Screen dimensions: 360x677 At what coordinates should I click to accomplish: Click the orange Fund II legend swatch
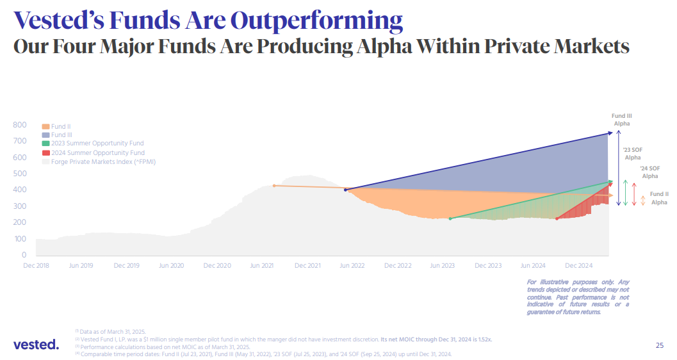[x=45, y=127]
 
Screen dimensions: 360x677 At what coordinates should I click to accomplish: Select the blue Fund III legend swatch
[x=45, y=135]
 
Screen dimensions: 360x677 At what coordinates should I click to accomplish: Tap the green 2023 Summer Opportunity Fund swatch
[x=45, y=144]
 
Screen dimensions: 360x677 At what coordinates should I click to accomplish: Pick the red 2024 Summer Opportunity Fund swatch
[x=45, y=153]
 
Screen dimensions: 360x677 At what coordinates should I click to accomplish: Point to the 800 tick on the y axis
[x=19, y=125]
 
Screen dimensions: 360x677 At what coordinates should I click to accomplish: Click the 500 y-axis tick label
[x=19, y=174]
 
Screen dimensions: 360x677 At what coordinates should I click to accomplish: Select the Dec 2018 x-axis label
[x=36, y=265]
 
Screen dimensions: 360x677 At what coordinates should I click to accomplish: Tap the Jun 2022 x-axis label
[x=352, y=265]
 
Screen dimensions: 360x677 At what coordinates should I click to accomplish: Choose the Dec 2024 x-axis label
[x=579, y=265]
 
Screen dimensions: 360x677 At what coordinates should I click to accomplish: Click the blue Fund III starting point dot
[x=346, y=190]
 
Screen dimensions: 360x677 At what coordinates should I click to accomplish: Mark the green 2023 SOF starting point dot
[x=450, y=218]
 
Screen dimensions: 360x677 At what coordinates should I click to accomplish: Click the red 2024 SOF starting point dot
[x=557, y=218]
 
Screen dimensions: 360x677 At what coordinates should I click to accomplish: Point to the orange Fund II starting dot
[x=274, y=186]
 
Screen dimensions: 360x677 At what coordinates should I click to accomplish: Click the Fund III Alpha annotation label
[x=622, y=119]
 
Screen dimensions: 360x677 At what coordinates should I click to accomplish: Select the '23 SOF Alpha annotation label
[x=633, y=153]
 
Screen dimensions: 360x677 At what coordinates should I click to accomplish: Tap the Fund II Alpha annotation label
[x=658, y=198]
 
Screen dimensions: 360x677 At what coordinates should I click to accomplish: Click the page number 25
[x=660, y=345]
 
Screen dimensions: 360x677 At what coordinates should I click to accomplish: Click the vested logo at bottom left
[x=36, y=345]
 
